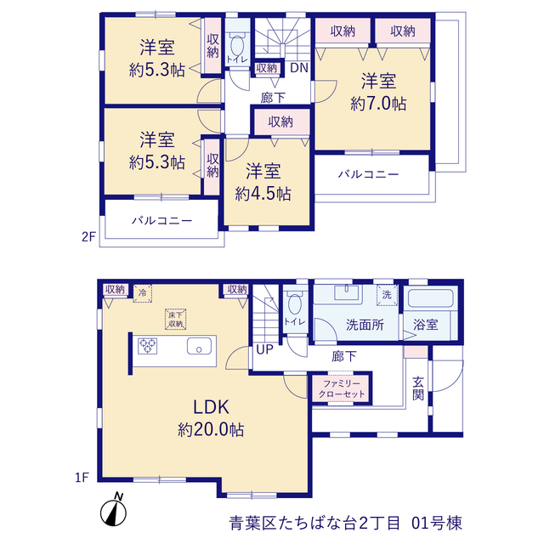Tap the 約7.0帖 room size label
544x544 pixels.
(378, 104)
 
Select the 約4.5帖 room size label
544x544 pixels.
(263, 194)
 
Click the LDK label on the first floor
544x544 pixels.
(211, 407)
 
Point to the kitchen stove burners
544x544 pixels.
(147, 346)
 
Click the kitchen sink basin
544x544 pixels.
(200, 346)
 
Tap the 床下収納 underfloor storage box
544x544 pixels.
(176, 320)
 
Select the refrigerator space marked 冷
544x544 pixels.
(143, 293)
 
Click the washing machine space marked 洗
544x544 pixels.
(388, 296)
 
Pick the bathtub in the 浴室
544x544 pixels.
(431, 298)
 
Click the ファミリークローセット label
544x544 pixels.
(342, 389)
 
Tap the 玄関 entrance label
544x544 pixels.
(418, 388)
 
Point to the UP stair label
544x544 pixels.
(264, 349)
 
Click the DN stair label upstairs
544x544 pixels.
(299, 68)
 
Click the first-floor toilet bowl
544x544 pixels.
(295, 303)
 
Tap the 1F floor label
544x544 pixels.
(82, 478)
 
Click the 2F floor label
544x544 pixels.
(88, 236)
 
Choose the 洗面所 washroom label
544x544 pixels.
(365, 325)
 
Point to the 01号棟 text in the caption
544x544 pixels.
(437, 524)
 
